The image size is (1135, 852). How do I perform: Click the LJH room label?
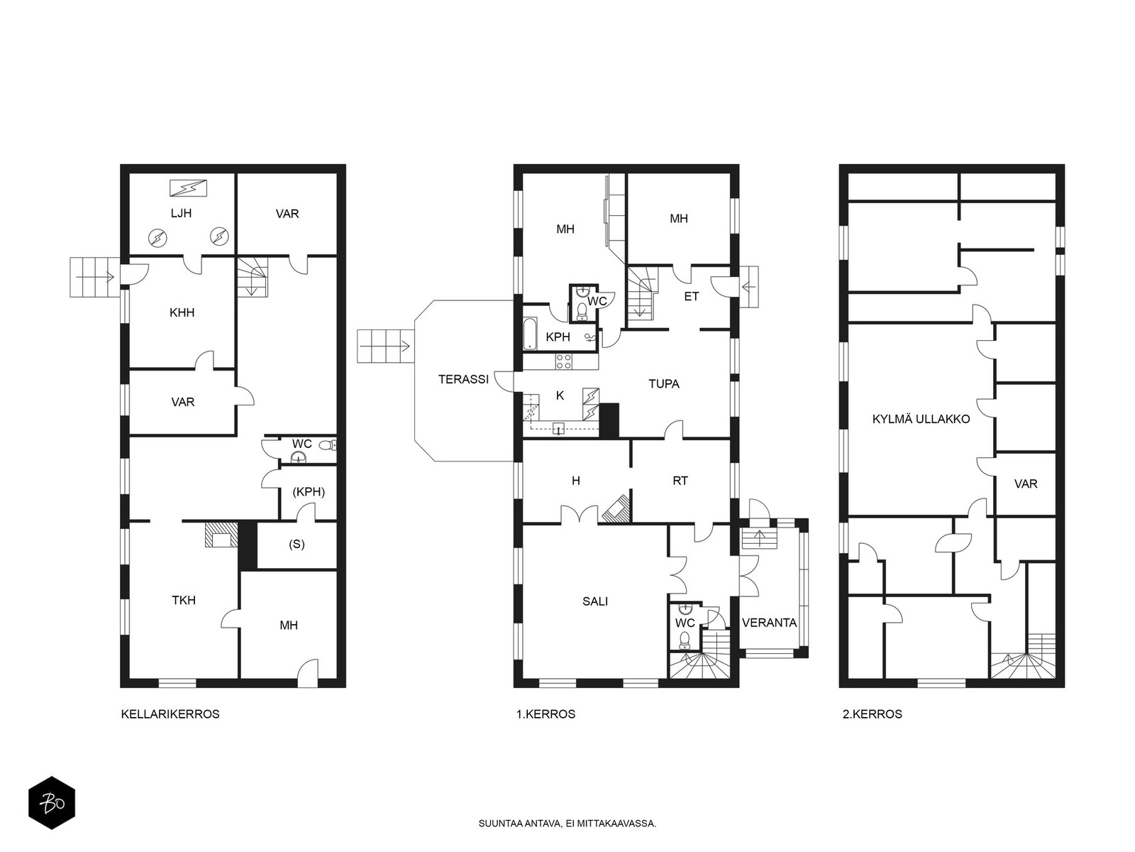coord(181,213)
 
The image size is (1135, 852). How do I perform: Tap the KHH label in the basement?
coord(182,312)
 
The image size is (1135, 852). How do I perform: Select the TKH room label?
coord(184,600)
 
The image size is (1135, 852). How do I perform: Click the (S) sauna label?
coord(297,544)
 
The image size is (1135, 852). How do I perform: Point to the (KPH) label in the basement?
coord(309,492)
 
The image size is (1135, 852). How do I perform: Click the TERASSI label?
coord(463,379)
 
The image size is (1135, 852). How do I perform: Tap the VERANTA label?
coord(770,623)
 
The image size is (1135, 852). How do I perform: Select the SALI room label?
coord(595,601)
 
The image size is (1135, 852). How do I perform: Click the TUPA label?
coord(664,384)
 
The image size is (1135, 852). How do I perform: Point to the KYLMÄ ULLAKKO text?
coord(921,419)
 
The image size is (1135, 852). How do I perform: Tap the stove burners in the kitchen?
coord(564,361)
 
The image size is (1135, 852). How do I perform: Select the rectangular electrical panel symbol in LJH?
coord(189,187)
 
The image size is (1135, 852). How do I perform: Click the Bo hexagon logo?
coord(52,804)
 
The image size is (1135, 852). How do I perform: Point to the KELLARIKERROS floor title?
coord(170,714)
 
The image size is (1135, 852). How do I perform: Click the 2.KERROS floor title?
coord(873,714)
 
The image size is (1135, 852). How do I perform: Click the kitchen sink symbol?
coord(558,429)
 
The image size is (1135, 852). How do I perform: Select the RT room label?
coord(680,481)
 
